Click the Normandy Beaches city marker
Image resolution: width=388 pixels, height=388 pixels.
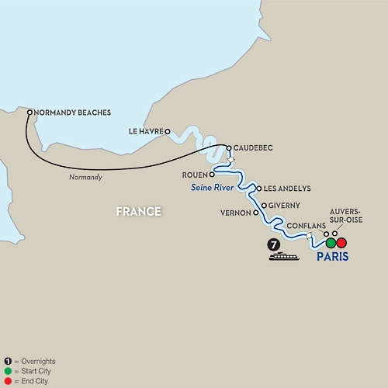click(x=29, y=113)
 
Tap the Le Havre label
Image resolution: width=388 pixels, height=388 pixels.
click(x=146, y=131)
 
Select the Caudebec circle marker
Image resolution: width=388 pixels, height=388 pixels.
click(x=229, y=148)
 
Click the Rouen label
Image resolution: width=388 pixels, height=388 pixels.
click(x=195, y=175)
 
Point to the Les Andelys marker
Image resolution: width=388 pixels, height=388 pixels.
click(x=259, y=189)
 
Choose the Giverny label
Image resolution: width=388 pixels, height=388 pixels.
click(x=284, y=206)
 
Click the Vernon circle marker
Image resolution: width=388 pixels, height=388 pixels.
click(x=256, y=213)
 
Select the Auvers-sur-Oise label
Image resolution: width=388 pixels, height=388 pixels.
click(x=346, y=216)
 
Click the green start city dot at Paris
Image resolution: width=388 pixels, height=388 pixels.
click(x=331, y=243)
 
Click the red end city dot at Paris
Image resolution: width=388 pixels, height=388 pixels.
click(x=341, y=243)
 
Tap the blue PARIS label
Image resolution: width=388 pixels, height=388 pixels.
click(x=333, y=257)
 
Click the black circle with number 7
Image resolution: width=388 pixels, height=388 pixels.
click(x=274, y=244)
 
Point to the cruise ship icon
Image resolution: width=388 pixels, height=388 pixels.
click(x=284, y=256)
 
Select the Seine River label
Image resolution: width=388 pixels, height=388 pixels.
click(x=213, y=187)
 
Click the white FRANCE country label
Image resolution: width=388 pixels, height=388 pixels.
click(x=139, y=212)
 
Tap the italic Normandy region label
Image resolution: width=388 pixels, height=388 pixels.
click(x=85, y=177)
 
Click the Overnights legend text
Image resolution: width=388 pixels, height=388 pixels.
click(x=38, y=361)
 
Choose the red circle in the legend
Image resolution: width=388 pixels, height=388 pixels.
click(x=8, y=381)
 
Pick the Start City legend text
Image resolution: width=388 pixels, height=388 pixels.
click(x=36, y=371)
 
